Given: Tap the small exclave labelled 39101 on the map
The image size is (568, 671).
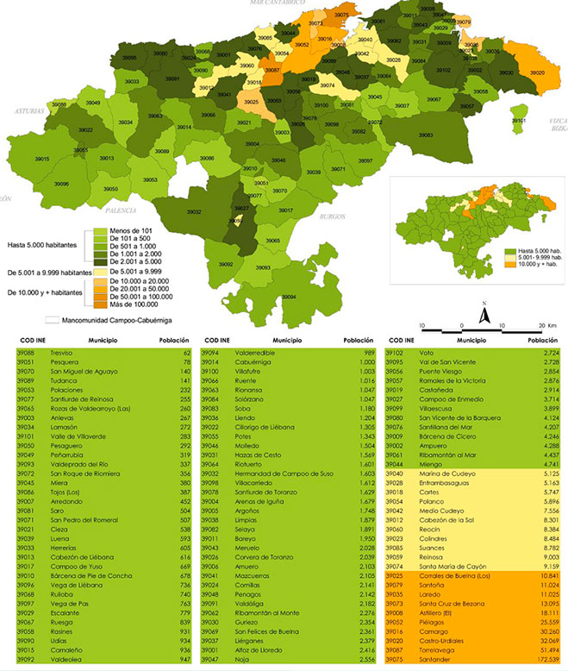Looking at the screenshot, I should [x=519, y=122].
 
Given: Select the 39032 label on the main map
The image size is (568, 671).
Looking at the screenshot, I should [x=195, y=211].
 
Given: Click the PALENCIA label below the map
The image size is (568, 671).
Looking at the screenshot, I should [x=120, y=210].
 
